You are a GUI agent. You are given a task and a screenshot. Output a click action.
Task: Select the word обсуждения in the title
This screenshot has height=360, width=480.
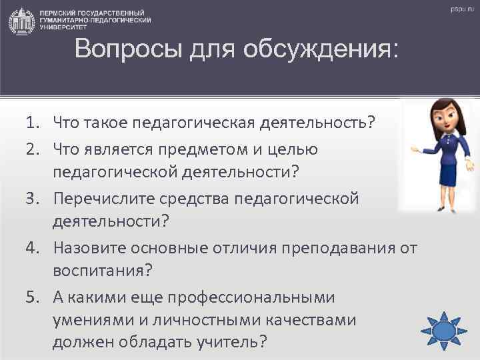tap(320, 51)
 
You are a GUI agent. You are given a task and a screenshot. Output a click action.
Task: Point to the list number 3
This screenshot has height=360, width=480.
tap(33, 199)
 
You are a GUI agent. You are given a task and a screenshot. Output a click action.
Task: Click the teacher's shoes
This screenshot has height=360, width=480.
tap(444, 206)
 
